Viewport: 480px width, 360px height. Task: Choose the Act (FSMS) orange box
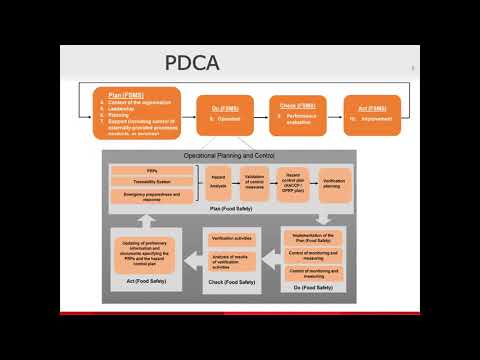pos(371,113)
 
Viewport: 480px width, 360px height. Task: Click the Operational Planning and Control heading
pos(227,157)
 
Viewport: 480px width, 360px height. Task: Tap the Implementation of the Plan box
pos(314,237)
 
